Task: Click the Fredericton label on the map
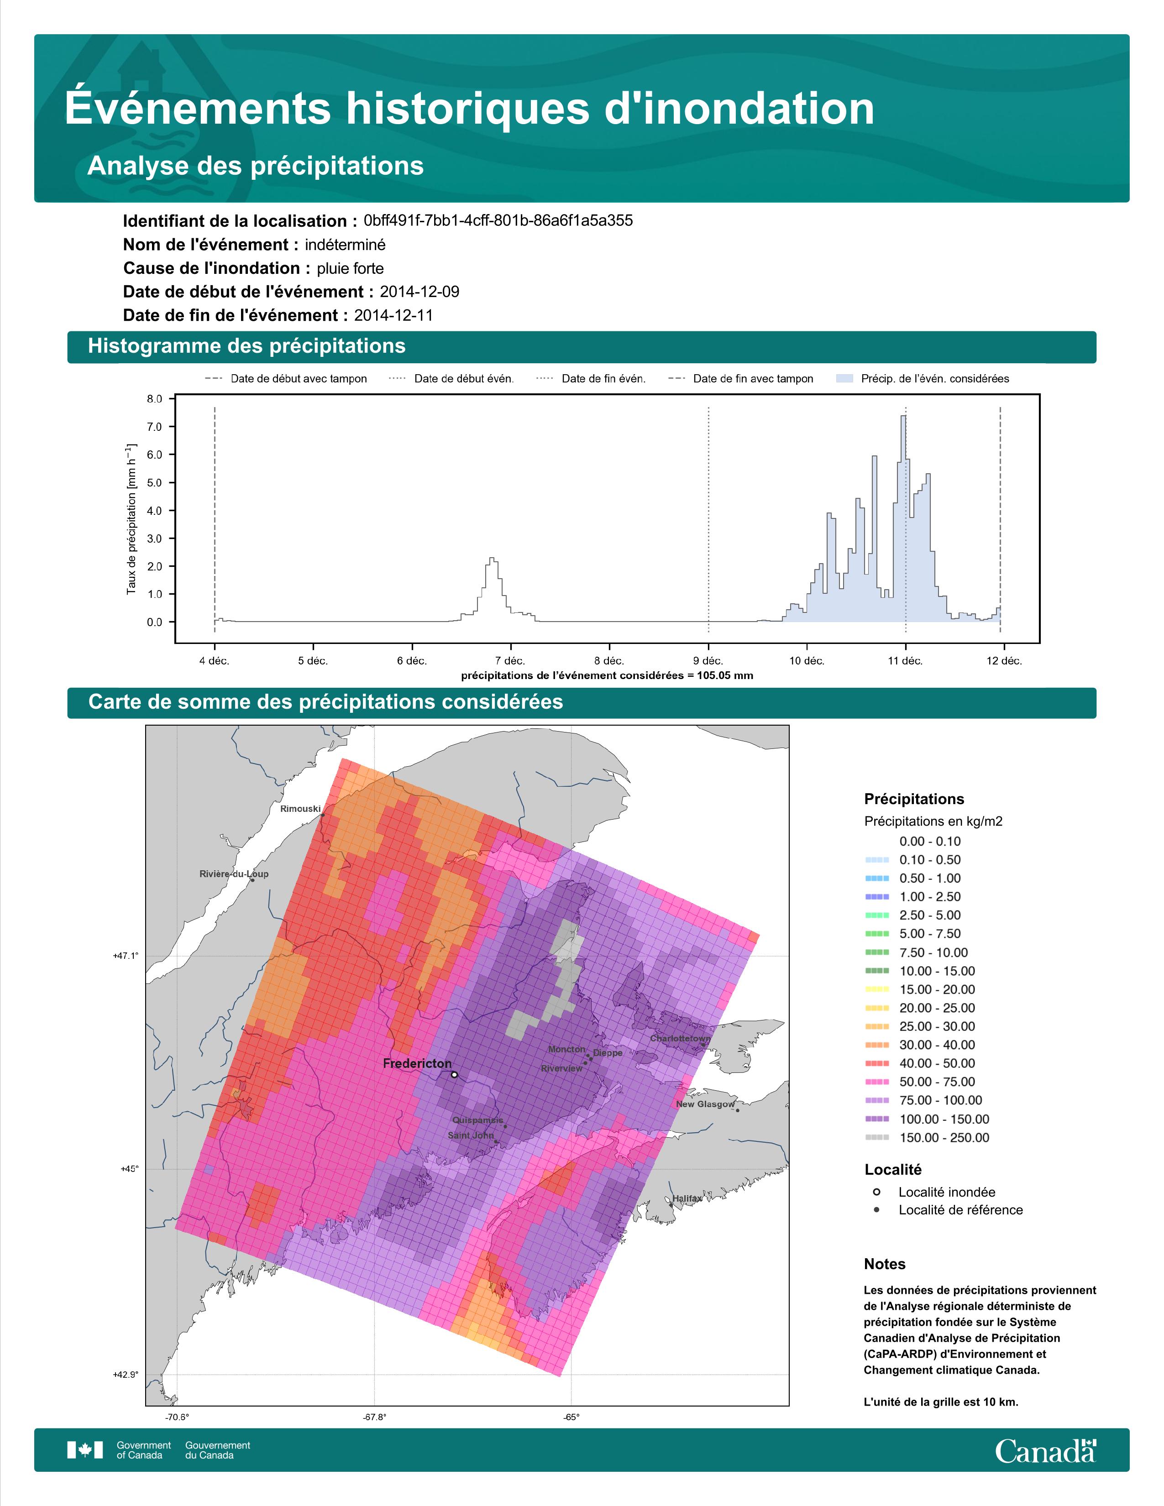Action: (x=417, y=1063)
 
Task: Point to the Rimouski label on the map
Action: (x=300, y=809)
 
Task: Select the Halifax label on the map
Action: (x=687, y=1198)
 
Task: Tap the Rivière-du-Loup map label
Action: (x=234, y=873)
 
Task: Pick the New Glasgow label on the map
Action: (x=705, y=1104)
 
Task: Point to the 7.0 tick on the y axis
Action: (x=154, y=427)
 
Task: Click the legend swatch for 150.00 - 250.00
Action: (x=876, y=1138)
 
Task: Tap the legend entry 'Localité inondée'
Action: (x=946, y=1192)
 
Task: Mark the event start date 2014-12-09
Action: (x=419, y=292)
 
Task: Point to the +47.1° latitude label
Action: (x=126, y=956)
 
